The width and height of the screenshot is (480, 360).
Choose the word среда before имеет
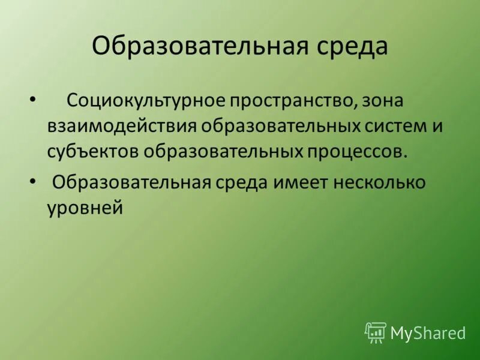pos(243,182)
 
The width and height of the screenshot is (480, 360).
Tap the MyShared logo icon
pos(376,332)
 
